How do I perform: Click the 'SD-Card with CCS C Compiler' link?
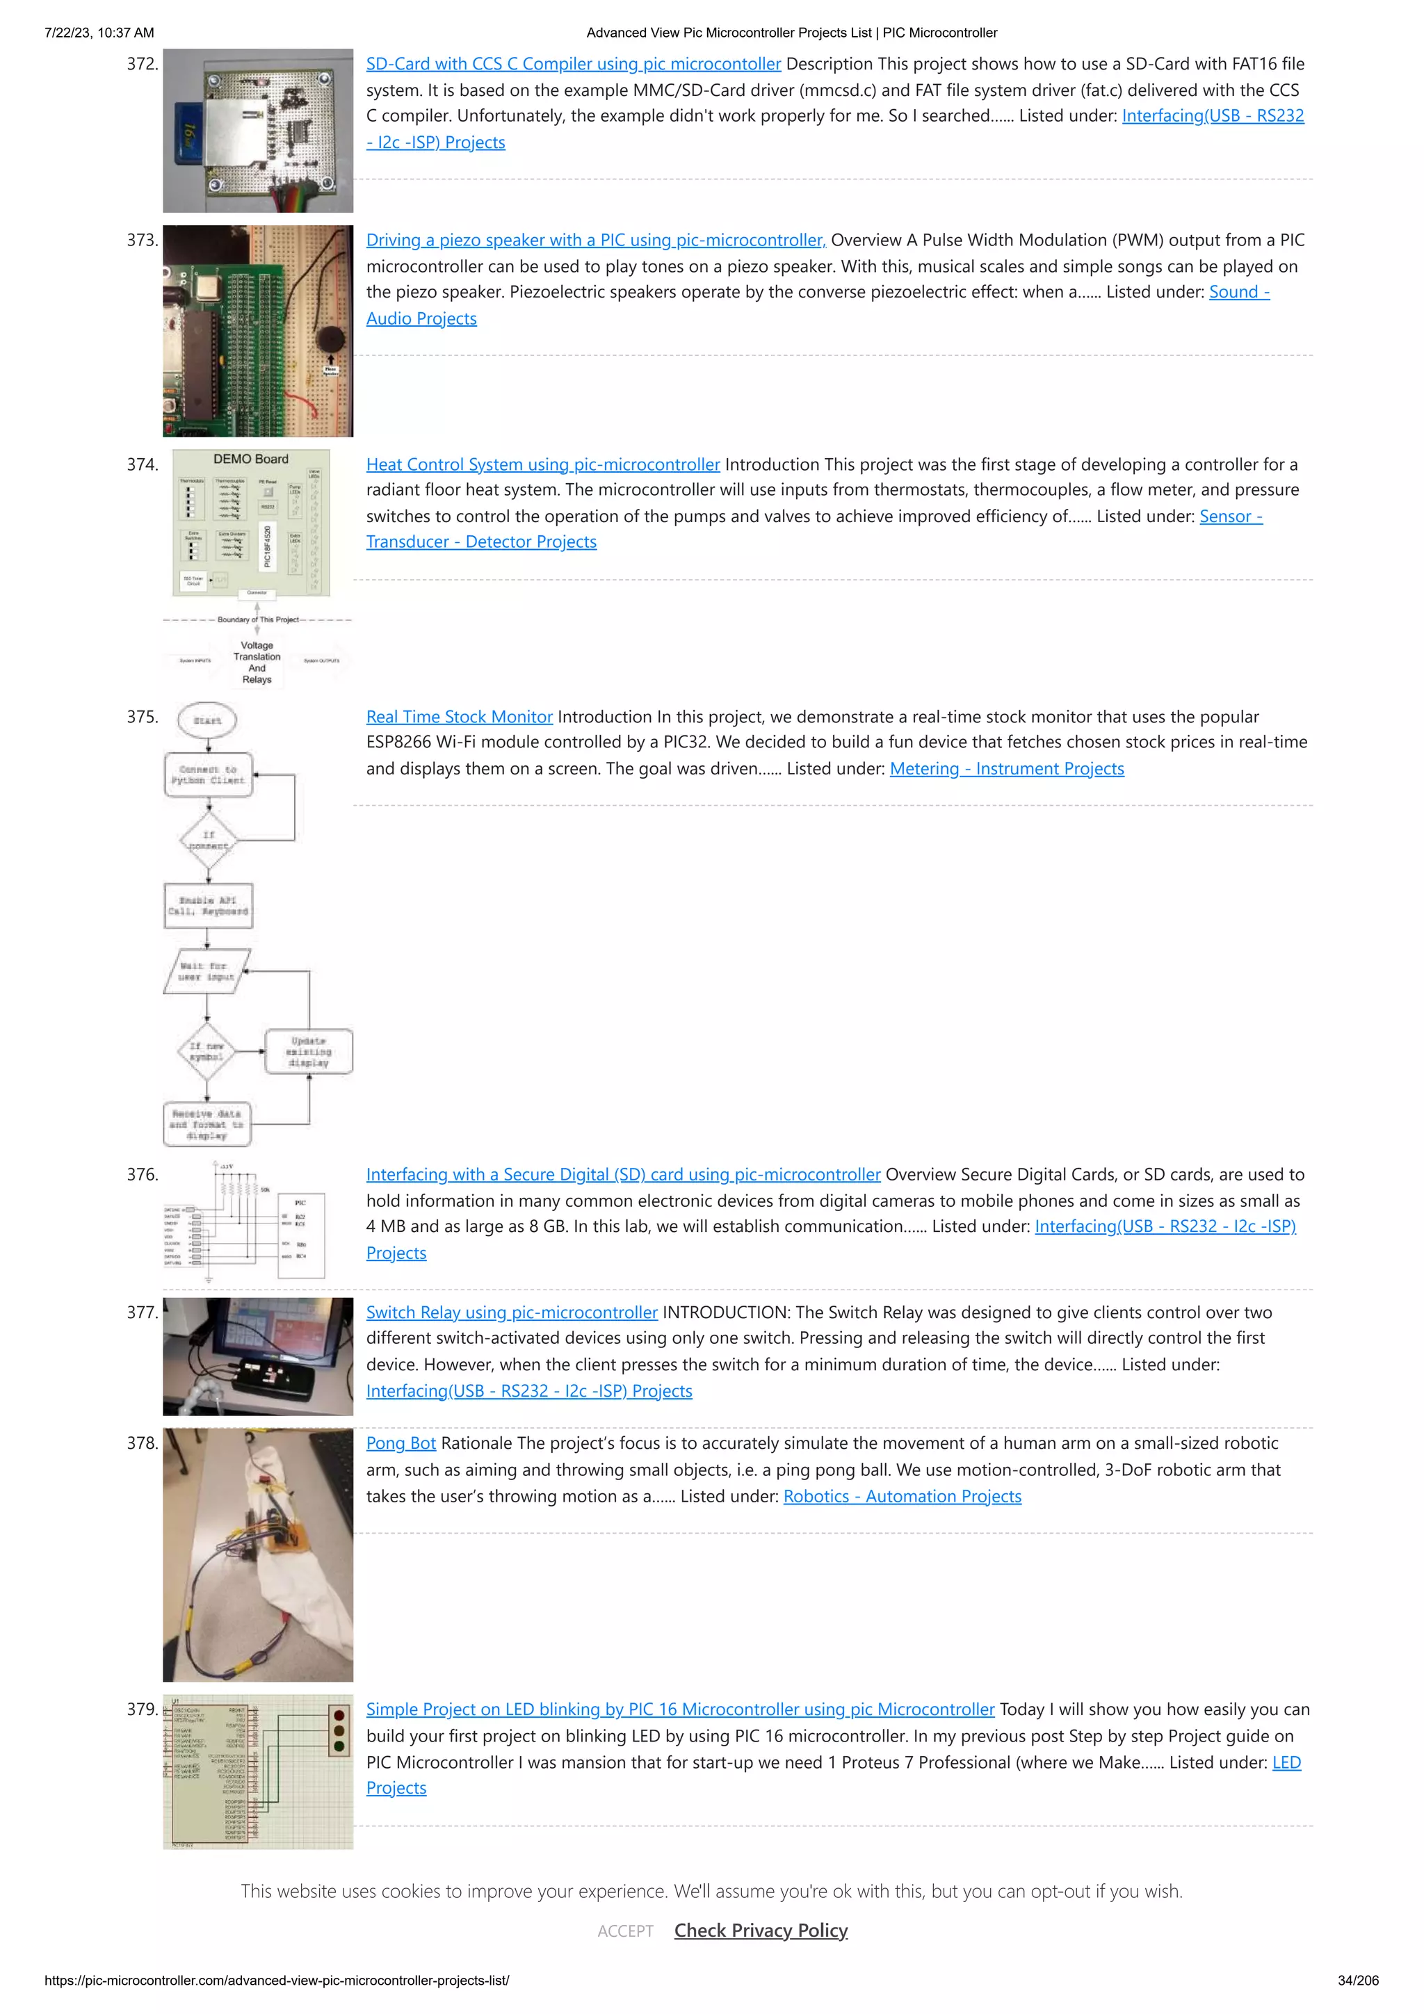pyautogui.click(x=573, y=64)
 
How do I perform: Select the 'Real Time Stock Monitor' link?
pyautogui.click(x=459, y=717)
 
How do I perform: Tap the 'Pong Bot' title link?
pyautogui.click(x=401, y=1443)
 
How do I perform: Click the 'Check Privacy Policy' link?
pyautogui.click(x=761, y=1930)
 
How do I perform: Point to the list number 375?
pyautogui.click(x=142, y=717)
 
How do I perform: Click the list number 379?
pyautogui.click(x=142, y=1709)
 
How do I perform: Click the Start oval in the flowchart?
pyautogui.click(x=207, y=720)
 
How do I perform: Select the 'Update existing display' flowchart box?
pyautogui.click(x=309, y=1051)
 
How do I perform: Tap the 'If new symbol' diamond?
pyautogui.click(x=207, y=1051)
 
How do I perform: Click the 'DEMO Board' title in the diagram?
pyautogui.click(x=251, y=459)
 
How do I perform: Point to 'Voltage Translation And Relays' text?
pyautogui.click(x=257, y=663)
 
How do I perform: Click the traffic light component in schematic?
pyautogui.click(x=339, y=1730)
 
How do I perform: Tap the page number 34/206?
pyautogui.click(x=1357, y=1980)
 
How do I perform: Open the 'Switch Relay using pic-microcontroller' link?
pyautogui.click(x=512, y=1313)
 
